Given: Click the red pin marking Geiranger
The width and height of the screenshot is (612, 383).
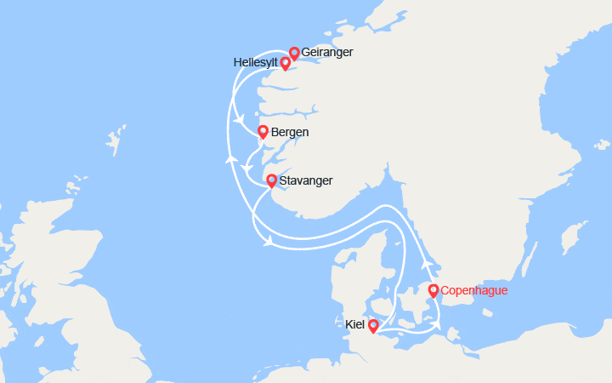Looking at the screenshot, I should pos(295,53).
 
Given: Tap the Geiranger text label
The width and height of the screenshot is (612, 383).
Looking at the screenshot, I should pos(327,53).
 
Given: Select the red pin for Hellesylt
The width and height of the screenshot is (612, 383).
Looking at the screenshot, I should pos(286,63).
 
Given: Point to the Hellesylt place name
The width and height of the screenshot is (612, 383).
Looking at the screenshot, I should pos(255,63).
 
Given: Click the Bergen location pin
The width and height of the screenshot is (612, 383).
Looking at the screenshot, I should pos(263,132).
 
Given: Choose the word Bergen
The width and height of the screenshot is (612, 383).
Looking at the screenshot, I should pos(290,133).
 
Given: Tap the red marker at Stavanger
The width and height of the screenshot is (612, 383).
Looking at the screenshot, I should pos(271,180).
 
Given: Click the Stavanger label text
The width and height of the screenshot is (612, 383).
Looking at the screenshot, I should pos(305,180).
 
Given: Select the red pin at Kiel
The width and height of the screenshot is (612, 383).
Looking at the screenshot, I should pos(373,325).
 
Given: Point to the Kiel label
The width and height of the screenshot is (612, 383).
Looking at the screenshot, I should pos(356,324).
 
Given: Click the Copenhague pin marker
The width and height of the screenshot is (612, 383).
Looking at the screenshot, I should pos(433,291).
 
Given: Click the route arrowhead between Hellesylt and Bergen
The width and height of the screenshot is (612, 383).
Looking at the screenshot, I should pos(241,119).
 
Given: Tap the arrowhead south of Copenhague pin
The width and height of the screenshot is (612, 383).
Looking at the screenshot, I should pos(437,321).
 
